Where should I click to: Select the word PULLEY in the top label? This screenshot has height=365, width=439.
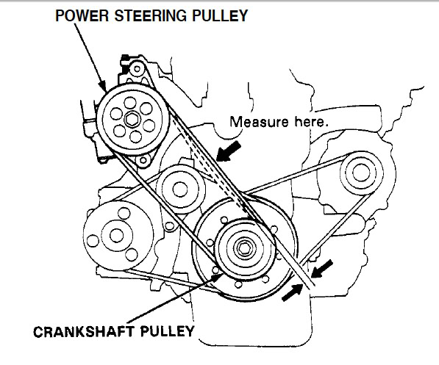(x=220, y=15)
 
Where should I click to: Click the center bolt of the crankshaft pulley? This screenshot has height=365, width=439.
(x=243, y=248)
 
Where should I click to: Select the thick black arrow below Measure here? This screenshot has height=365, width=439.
(x=229, y=151)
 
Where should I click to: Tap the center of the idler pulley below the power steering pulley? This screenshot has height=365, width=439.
(x=179, y=189)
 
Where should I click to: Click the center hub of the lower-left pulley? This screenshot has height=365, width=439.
(x=116, y=236)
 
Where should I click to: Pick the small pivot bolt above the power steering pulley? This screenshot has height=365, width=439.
(x=137, y=68)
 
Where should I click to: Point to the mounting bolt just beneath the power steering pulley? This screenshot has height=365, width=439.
(x=143, y=160)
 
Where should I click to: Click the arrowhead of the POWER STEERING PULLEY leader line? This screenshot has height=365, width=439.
(x=103, y=86)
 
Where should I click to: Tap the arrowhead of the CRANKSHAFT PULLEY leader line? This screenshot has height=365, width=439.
(x=217, y=277)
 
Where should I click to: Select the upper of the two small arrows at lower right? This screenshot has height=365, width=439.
(x=321, y=269)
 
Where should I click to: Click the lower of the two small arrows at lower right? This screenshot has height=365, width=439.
(x=292, y=292)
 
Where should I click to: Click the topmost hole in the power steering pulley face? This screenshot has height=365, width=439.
(x=129, y=102)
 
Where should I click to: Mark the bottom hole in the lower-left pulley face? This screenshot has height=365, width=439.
(x=132, y=255)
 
